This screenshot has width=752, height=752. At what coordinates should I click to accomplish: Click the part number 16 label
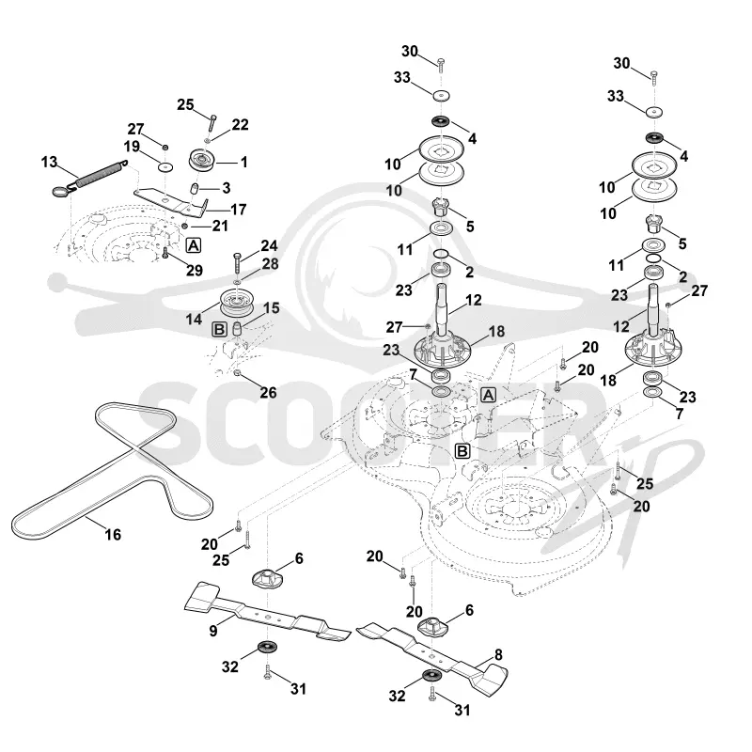113,535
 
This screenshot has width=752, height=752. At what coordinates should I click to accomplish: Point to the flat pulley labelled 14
238,303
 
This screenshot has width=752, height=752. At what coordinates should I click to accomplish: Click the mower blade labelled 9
266,612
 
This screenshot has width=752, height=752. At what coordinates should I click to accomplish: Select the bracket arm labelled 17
173,200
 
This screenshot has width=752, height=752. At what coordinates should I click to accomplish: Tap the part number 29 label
195,271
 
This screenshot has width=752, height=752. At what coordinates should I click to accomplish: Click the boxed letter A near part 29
193,245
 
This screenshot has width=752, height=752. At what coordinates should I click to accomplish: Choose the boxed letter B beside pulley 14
219,330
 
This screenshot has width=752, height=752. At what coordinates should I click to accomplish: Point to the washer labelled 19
165,167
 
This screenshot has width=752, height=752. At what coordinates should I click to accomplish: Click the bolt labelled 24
237,262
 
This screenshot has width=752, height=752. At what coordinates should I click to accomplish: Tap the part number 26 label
268,393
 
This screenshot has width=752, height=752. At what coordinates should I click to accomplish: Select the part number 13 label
50,162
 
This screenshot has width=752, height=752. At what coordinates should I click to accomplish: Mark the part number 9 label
213,631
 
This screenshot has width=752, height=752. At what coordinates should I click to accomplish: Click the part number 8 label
498,654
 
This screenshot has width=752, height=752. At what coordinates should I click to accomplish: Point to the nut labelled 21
184,226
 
